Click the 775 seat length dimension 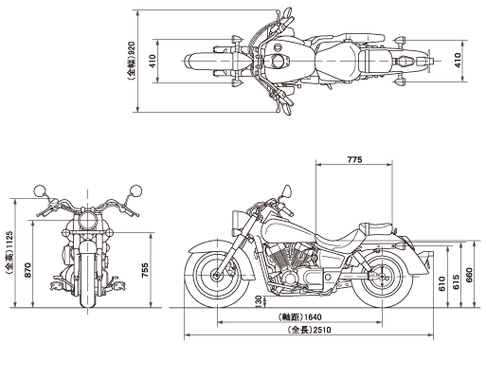coord(354,159)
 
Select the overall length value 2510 coord(322,330)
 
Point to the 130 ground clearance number coord(259,301)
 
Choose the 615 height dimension coord(457,281)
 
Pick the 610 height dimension coord(442,283)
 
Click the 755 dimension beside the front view coord(144,270)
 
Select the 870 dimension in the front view coord(27,270)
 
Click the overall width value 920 coord(132,47)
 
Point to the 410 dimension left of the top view coord(153,62)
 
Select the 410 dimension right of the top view coord(458,60)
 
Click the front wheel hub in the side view coord(217,276)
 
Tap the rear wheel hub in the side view coord(382,277)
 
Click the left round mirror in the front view coord(40,190)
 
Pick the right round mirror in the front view coord(135,190)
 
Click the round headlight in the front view coord(87,220)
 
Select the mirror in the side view coord(287,191)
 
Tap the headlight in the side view coord(237,223)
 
